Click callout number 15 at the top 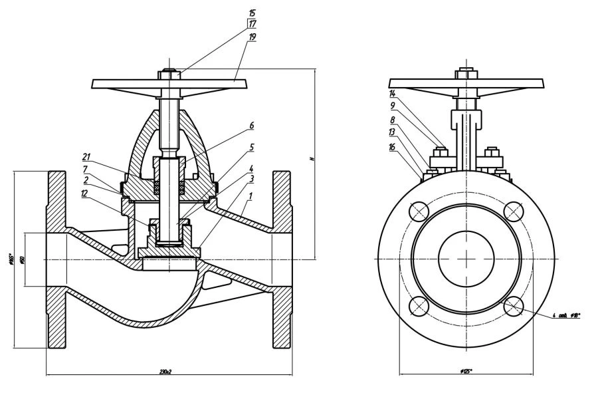(252, 13)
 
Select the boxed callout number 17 (252, 24)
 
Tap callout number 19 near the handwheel (252, 37)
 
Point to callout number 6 (252, 124)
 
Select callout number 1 (250, 197)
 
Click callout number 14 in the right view (392, 93)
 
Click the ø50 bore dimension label (22, 259)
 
